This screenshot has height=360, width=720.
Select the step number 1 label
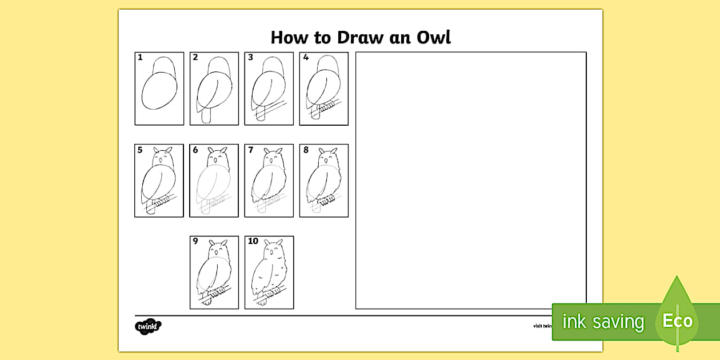139,57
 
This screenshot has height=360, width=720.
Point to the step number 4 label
306,57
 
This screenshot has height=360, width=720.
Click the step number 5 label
139,150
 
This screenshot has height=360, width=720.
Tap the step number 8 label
306,150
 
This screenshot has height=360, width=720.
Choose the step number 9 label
195,241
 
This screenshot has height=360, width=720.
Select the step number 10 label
253,241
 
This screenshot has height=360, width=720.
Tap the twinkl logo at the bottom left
148,327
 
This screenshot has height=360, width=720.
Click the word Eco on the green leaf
677,321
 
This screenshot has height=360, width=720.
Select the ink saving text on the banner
603,322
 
